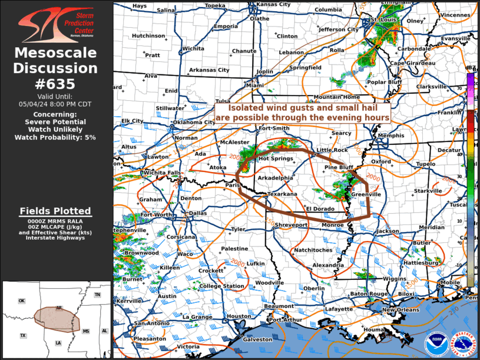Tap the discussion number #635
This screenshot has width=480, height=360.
pyautogui.click(x=56, y=84)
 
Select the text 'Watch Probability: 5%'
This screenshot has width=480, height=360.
pyautogui.click(x=56, y=137)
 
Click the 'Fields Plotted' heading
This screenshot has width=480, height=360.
pyautogui.click(x=55, y=210)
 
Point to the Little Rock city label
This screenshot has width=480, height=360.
pyautogui.click(x=332, y=150)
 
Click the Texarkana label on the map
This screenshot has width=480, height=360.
pyautogui.click(x=282, y=193)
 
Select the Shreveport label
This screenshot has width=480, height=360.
pyautogui.click(x=292, y=225)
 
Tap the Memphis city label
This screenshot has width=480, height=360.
pyautogui.click(x=392, y=136)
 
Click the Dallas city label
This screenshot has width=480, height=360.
pyautogui.click(x=198, y=213)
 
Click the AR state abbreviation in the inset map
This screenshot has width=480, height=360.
pyautogui.click(x=58, y=308)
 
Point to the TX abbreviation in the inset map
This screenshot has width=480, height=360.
pyautogui.click(x=23, y=335)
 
